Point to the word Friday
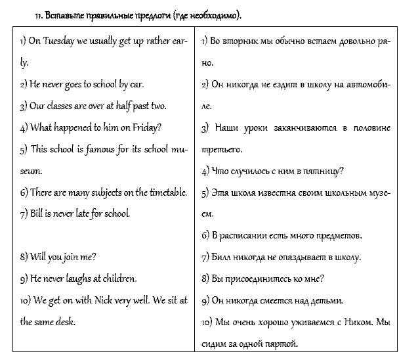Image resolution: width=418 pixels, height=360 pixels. point(146,127)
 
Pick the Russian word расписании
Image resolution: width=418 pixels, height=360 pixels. point(248,235)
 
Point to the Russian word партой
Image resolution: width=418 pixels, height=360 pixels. point(280,344)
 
